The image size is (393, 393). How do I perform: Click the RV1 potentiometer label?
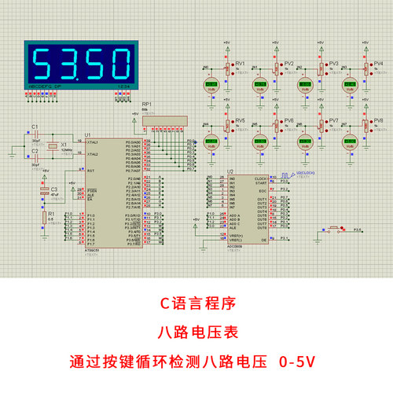click(x=241, y=64)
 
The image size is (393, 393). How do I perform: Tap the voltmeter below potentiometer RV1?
click(x=211, y=84)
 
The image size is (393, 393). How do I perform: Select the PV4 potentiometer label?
click(x=379, y=64)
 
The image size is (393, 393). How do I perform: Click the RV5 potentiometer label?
click(x=241, y=121)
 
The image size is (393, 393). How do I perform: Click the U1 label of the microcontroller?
click(x=87, y=135)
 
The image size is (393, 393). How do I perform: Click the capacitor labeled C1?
click(x=35, y=127)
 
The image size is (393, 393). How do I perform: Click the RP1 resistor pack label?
click(x=146, y=104)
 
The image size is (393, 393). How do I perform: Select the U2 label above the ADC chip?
click(x=230, y=171)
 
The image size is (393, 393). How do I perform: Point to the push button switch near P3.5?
click(x=333, y=230)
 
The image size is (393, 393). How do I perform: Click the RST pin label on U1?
click(x=91, y=171)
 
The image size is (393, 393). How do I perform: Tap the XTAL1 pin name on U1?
click(x=93, y=143)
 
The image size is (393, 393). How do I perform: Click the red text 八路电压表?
click(x=196, y=332)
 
